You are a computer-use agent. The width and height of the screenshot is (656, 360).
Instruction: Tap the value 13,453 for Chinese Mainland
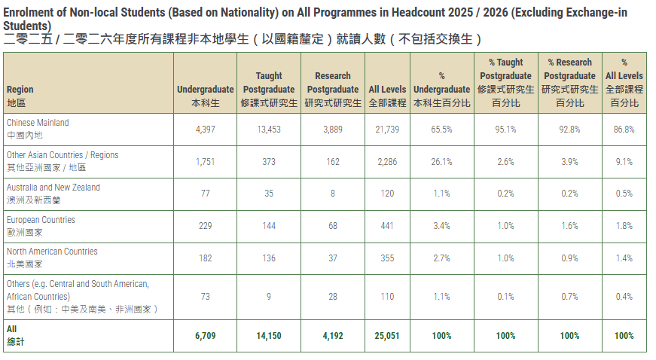click(x=269, y=130)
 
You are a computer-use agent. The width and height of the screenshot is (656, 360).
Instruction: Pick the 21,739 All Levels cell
click(x=387, y=130)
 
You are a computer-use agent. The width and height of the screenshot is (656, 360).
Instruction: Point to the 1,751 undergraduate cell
click(x=205, y=162)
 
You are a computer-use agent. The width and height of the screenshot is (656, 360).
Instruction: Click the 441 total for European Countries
click(x=387, y=226)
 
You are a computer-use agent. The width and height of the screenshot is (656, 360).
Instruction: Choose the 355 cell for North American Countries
click(x=387, y=258)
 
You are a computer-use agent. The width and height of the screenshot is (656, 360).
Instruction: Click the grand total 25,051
click(x=387, y=336)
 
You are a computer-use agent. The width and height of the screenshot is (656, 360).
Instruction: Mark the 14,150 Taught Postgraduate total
click(x=269, y=336)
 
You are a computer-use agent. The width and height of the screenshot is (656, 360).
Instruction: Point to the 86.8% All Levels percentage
click(x=624, y=130)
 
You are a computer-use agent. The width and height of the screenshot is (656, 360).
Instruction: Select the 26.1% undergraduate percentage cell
click(x=441, y=162)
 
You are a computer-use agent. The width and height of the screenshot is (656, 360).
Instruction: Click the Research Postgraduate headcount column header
click(x=333, y=89)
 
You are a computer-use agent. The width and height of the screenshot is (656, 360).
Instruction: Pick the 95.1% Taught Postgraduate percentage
click(x=505, y=130)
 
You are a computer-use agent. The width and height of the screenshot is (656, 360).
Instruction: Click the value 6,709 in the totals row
click(x=205, y=336)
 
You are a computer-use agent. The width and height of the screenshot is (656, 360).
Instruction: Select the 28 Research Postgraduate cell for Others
click(x=333, y=297)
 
